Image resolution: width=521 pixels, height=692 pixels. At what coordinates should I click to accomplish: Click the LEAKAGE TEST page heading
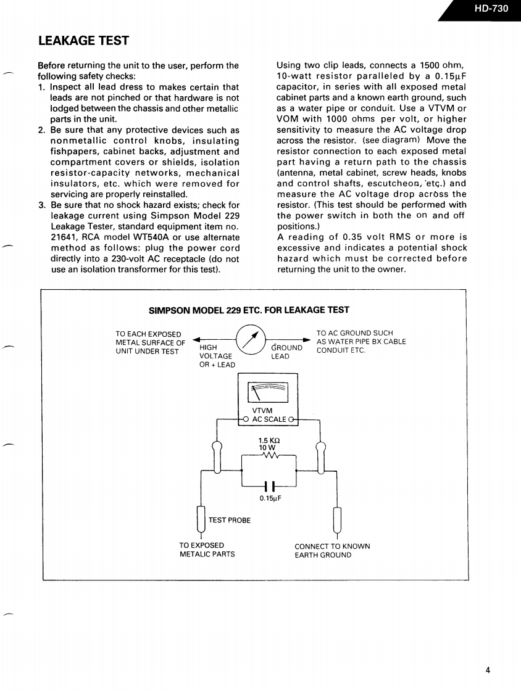[x=83, y=41]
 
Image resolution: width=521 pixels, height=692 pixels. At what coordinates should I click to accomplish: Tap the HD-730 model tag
[x=491, y=9]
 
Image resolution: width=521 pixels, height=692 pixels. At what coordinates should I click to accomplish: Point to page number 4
[x=487, y=671]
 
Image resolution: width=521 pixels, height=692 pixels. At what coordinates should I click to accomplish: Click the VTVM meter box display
[x=268, y=393]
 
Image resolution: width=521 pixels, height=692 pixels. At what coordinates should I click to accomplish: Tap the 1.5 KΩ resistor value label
[x=269, y=440]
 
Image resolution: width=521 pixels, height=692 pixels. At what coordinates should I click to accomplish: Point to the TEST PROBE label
[x=230, y=521]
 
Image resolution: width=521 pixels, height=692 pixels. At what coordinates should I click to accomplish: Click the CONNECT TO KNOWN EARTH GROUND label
[x=332, y=551]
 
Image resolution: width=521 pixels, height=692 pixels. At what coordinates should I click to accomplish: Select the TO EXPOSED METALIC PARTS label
[x=207, y=550]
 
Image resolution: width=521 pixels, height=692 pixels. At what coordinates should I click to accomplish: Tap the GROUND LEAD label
[x=286, y=352]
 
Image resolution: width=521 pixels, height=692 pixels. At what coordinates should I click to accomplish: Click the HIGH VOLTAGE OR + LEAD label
[x=217, y=356]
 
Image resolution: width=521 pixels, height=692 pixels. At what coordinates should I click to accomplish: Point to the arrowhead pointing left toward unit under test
[x=197, y=339]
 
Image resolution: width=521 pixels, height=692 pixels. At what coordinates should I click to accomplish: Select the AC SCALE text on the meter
[x=269, y=419]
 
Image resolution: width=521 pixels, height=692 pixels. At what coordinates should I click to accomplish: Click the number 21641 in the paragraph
[x=63, y=237]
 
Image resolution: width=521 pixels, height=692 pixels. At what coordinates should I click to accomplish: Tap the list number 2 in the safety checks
[x=41, y=130]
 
